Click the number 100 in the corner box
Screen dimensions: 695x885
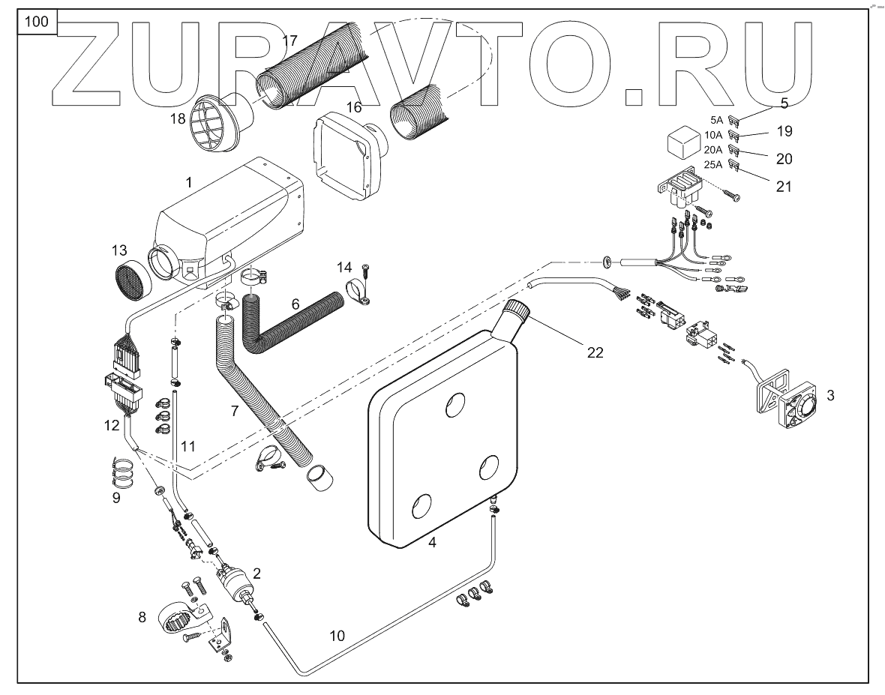pyautogui.click(x=36, y=21)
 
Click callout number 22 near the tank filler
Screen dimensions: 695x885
pyautogui.click(x=595, y=353)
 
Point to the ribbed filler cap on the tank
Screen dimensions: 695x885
pyautogui.click(x=517, y=310)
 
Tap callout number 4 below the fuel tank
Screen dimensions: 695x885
pyautogui.click(x=432, y=542)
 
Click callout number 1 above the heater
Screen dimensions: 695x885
pyautogui.click(x=189, y=182)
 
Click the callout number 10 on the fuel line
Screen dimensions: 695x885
pyautogui.click(x=337, y=636)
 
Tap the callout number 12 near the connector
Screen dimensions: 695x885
pyautogui.click(x=112, y=425)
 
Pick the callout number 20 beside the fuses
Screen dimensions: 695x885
pyautogui.click(x=784, y=159)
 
